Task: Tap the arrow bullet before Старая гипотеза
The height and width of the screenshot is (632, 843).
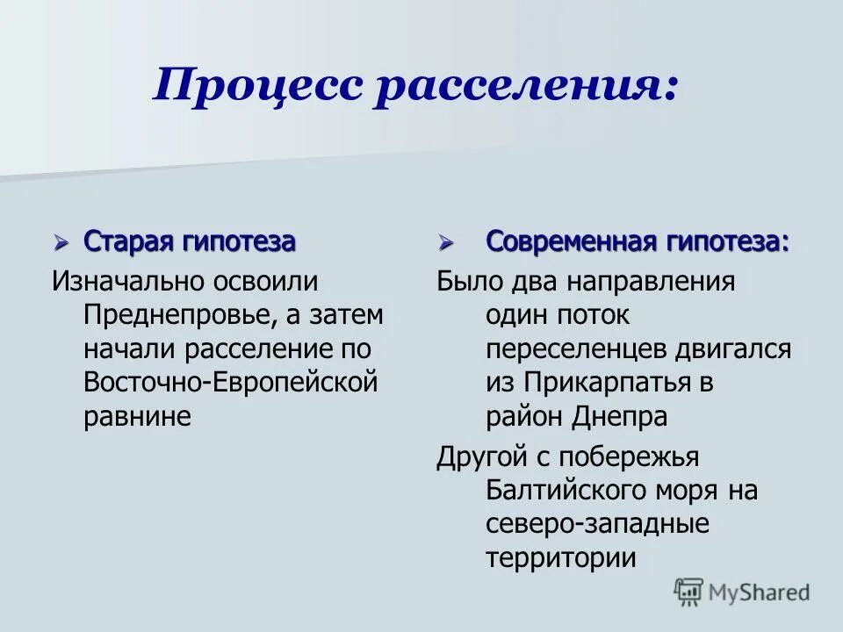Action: coord(61,241)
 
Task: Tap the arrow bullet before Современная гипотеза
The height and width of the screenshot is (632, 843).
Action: coord(446,241)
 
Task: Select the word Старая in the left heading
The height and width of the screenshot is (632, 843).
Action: coord(130,241)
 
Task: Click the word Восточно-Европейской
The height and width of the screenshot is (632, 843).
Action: coord(231,383)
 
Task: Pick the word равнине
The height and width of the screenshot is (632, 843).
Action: coord(137,416)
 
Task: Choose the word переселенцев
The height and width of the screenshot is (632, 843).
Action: coord(576,349)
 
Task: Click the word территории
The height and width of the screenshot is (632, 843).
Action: coord(560,558)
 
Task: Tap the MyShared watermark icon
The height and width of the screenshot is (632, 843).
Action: coord(689,592)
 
